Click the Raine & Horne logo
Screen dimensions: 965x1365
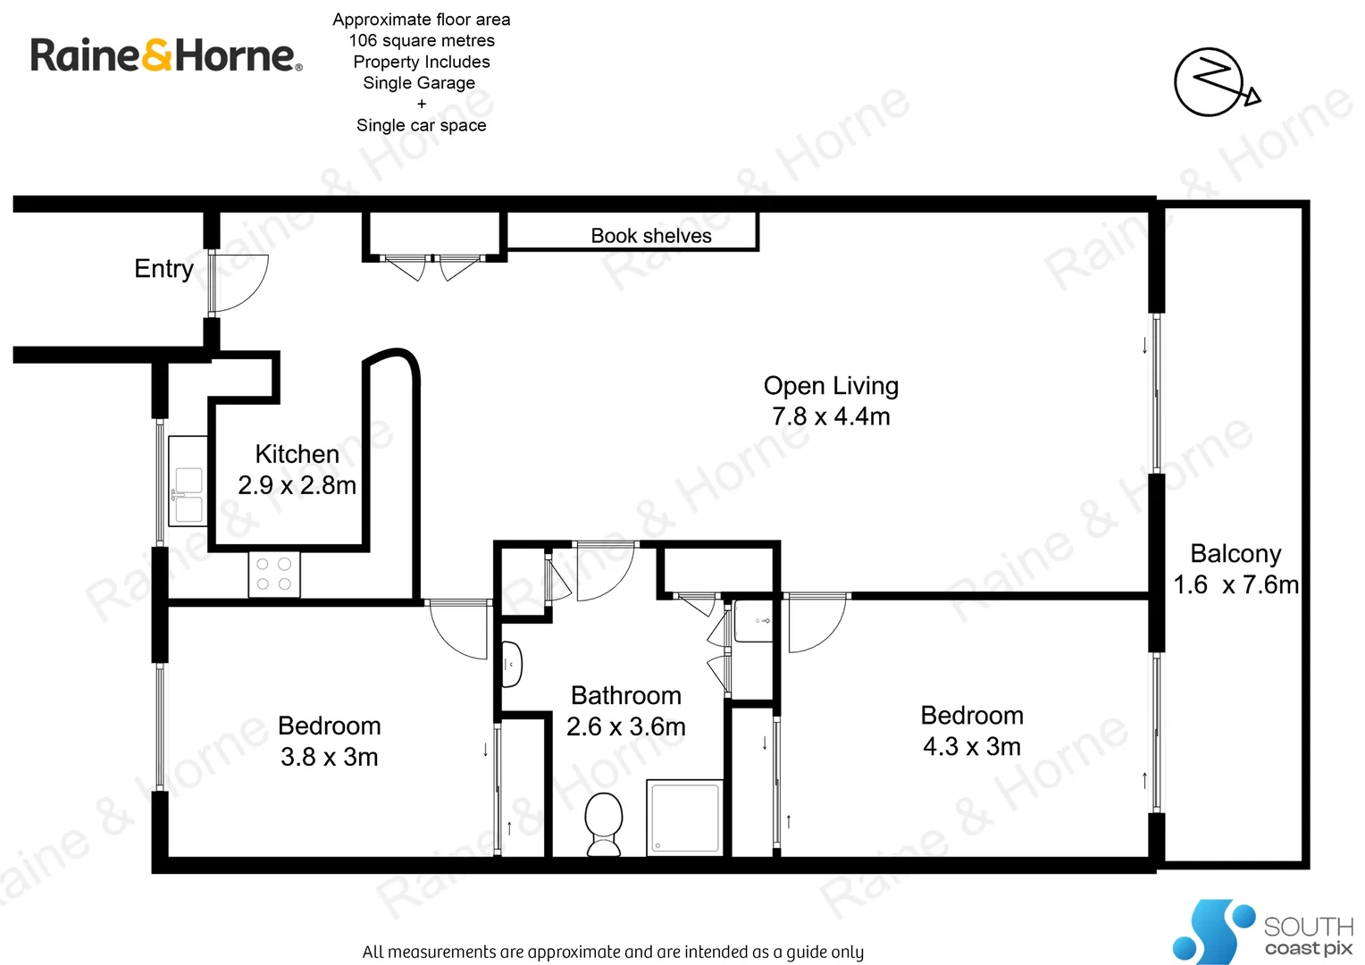pos(166,55)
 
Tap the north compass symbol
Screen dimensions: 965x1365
pos(1213,82)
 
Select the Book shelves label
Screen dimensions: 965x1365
pos(651,236)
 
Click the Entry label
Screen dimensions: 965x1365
pos(163,269)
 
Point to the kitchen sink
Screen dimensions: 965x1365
pos(188,494)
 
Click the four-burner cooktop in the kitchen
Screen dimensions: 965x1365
pos(274,575)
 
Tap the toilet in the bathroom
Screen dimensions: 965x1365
pos(604,823)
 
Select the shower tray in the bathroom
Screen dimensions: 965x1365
pos(684,817)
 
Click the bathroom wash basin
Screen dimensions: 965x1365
pos(512,664)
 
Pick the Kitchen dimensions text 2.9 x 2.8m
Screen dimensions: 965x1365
pos(297,485)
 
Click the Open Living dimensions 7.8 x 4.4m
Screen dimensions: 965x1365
pos(831,416)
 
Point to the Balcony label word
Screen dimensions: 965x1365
pos(1235,554)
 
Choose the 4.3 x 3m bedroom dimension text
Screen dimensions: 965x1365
pos(972,746)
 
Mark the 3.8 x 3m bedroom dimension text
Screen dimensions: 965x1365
pos(329,757)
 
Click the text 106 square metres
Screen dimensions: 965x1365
pos(422,41)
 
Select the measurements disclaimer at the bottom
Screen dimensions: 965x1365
pos(613,952)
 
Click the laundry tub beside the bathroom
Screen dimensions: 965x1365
pos(753,621)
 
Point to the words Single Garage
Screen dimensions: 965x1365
pos(419,83)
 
